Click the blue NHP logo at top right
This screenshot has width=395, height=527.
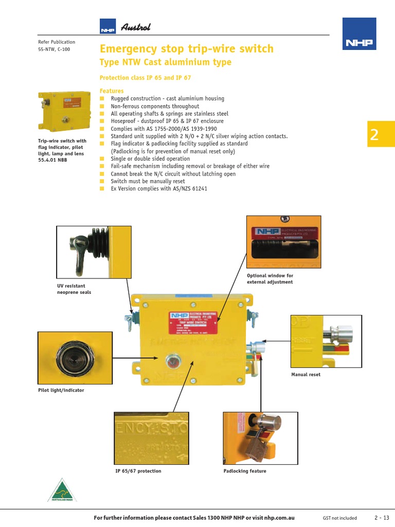coord(359,34)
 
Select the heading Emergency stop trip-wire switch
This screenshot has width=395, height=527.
coord(186,49)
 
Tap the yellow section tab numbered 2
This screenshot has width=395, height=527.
coord(381,134)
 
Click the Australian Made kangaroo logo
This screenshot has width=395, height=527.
coord(62,489)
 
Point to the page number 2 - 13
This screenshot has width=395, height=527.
coord(382,517)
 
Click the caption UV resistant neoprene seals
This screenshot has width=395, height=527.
coord(74,289)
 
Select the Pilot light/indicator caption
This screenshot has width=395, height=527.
coord(61,390)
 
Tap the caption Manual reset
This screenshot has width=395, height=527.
coord(306,375)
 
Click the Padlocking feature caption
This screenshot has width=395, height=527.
coord(245,471)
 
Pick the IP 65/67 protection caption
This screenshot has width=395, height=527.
coord(138,471)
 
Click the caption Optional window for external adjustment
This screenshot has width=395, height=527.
coord(270,279)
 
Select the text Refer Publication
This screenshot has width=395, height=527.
coord(57,42)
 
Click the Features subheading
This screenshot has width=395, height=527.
coord(112,91)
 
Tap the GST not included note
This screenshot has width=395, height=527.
coord(339,517)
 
